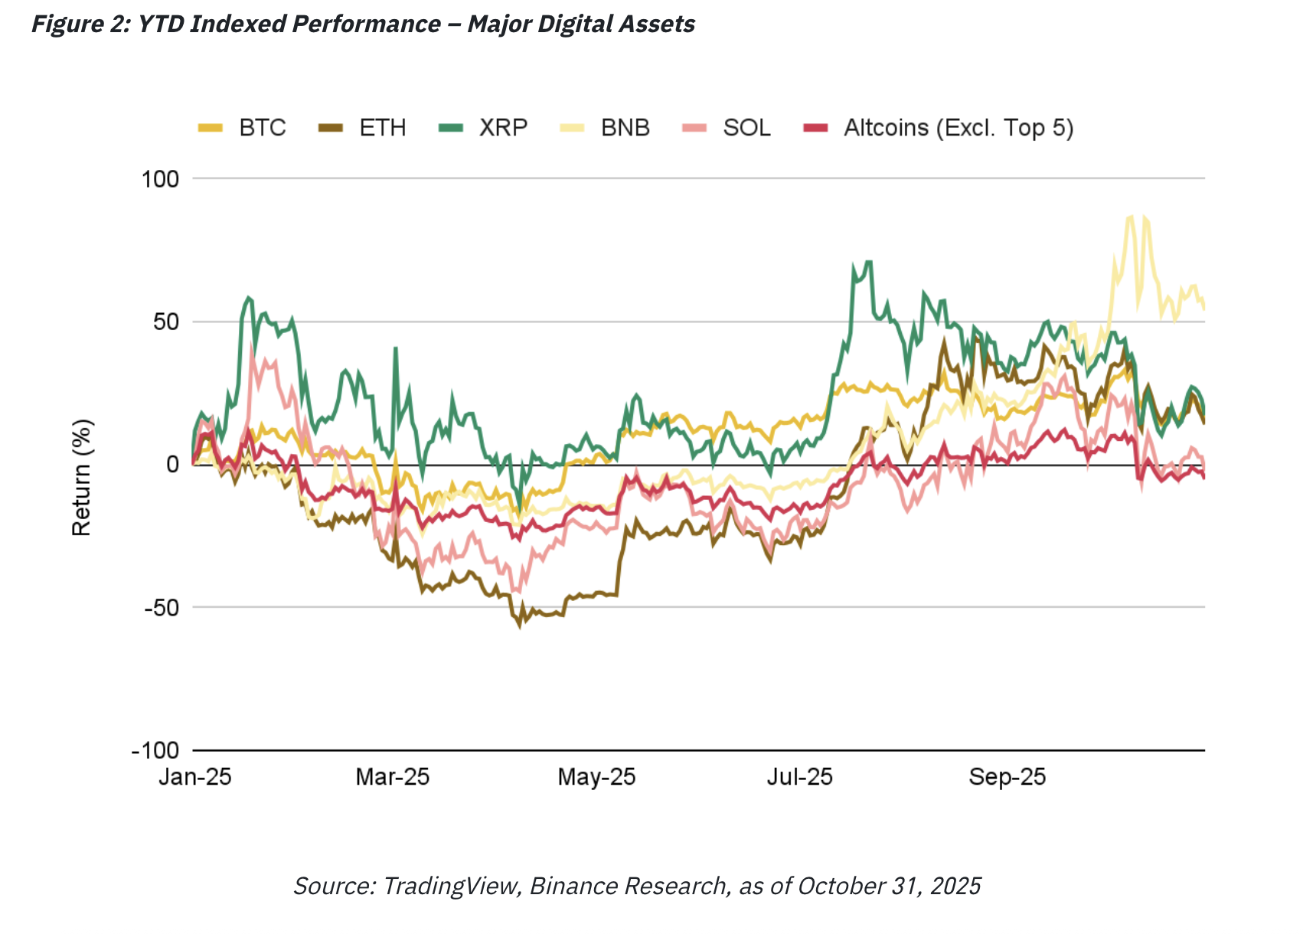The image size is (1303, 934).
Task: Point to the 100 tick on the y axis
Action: pyautogui.click(x=160, y=179)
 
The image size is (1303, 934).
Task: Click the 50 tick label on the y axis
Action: pyautogui.click(x=165, y=322)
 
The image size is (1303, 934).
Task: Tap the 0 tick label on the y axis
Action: pyautogui.click(x=172, y=465)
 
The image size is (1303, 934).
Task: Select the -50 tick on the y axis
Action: pyautogui.click(x=162, y=607)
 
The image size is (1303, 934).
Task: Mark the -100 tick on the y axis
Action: pyautogui.click(x=155, y=750)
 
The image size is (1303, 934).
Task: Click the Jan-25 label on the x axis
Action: pyautogui.click(x=195, y=777)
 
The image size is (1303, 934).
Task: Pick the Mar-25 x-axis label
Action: pyautogui.click(x=393, y=777)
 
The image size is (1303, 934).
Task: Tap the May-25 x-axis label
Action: pyautogui.click(x=596, y=777)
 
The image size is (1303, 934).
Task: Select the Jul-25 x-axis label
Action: pyautogui.click(x=799, y=777)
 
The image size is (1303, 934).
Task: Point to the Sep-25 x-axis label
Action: pyautogui.click(x=1007, y=777)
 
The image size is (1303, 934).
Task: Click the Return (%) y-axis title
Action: pyautogui.click(x=81, y=477)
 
